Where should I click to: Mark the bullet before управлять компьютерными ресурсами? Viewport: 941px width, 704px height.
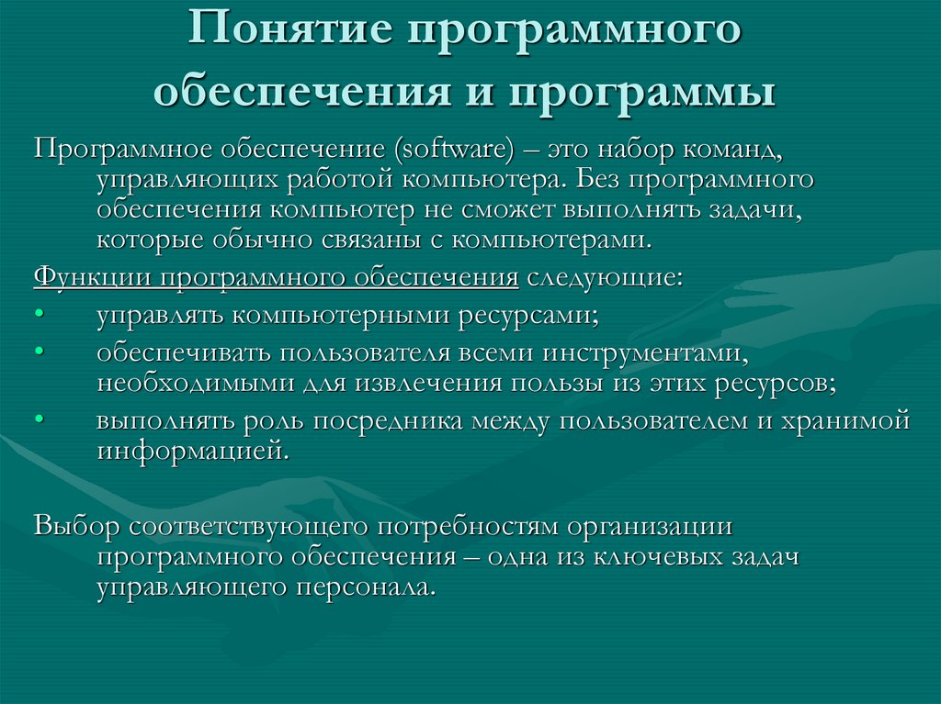[39, 316]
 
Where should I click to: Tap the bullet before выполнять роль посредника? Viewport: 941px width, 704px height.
[39, 420]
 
